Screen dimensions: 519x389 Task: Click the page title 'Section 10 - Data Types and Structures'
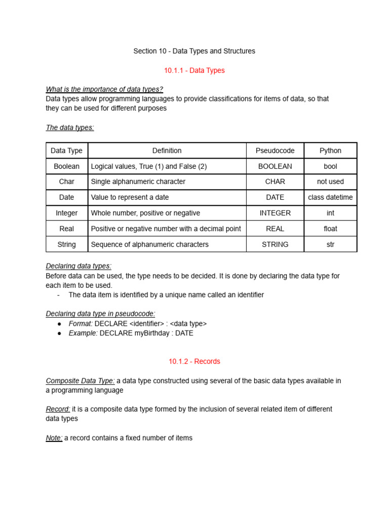194,51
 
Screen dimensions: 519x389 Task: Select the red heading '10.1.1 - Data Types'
194,70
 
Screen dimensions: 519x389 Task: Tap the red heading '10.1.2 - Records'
194,361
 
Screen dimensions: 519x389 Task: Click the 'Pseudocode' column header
275,151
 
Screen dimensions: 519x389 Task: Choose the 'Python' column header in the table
330,151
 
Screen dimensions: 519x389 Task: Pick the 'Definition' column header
167,151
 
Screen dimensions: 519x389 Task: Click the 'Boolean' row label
66,166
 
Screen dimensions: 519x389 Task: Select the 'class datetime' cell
330,197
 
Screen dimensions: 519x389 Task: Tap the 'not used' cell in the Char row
330,181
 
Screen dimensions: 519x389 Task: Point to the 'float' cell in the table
330,229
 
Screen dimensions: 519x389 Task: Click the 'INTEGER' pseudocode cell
275,213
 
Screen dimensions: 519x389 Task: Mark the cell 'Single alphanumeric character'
138,181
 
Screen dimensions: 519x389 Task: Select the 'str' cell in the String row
330,244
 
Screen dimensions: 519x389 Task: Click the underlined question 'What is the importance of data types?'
104,90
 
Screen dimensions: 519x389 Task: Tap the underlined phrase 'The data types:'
70,128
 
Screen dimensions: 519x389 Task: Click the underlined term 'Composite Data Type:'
80,381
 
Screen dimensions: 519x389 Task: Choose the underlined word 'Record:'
58,409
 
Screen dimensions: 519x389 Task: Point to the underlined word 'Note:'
54,438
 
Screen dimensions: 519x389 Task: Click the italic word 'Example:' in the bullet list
83,333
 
